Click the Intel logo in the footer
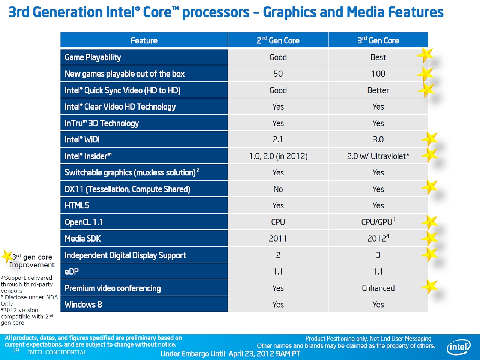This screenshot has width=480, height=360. (458, 347)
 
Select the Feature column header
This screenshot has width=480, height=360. (144, 40)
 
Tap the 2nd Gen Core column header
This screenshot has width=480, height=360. (278, 40)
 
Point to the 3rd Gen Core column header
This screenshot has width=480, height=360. (378, 40)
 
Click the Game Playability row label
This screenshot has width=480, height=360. (93, 57)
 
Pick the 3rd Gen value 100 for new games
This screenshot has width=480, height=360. (378, 74)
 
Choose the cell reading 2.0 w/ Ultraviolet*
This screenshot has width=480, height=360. (378, 156)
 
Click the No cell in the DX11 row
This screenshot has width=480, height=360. (278, 189)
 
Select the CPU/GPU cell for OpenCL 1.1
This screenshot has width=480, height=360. (378, 222)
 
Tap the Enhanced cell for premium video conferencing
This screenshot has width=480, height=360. (378, 288)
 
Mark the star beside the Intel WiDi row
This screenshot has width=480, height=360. (429, 139)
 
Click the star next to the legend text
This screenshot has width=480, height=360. (7, 256)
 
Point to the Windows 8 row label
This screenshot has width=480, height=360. (83, 304)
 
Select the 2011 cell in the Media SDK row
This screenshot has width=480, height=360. (278, 238)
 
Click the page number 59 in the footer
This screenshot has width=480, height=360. (16, 350)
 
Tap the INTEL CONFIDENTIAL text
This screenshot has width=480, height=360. (57, 352)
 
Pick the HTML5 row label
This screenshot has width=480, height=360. (77, 205)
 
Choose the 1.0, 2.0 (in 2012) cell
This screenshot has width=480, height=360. (278, 156)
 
